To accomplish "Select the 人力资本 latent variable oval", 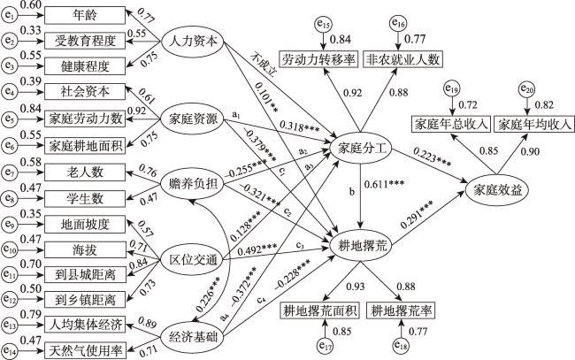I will (189, 40).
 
